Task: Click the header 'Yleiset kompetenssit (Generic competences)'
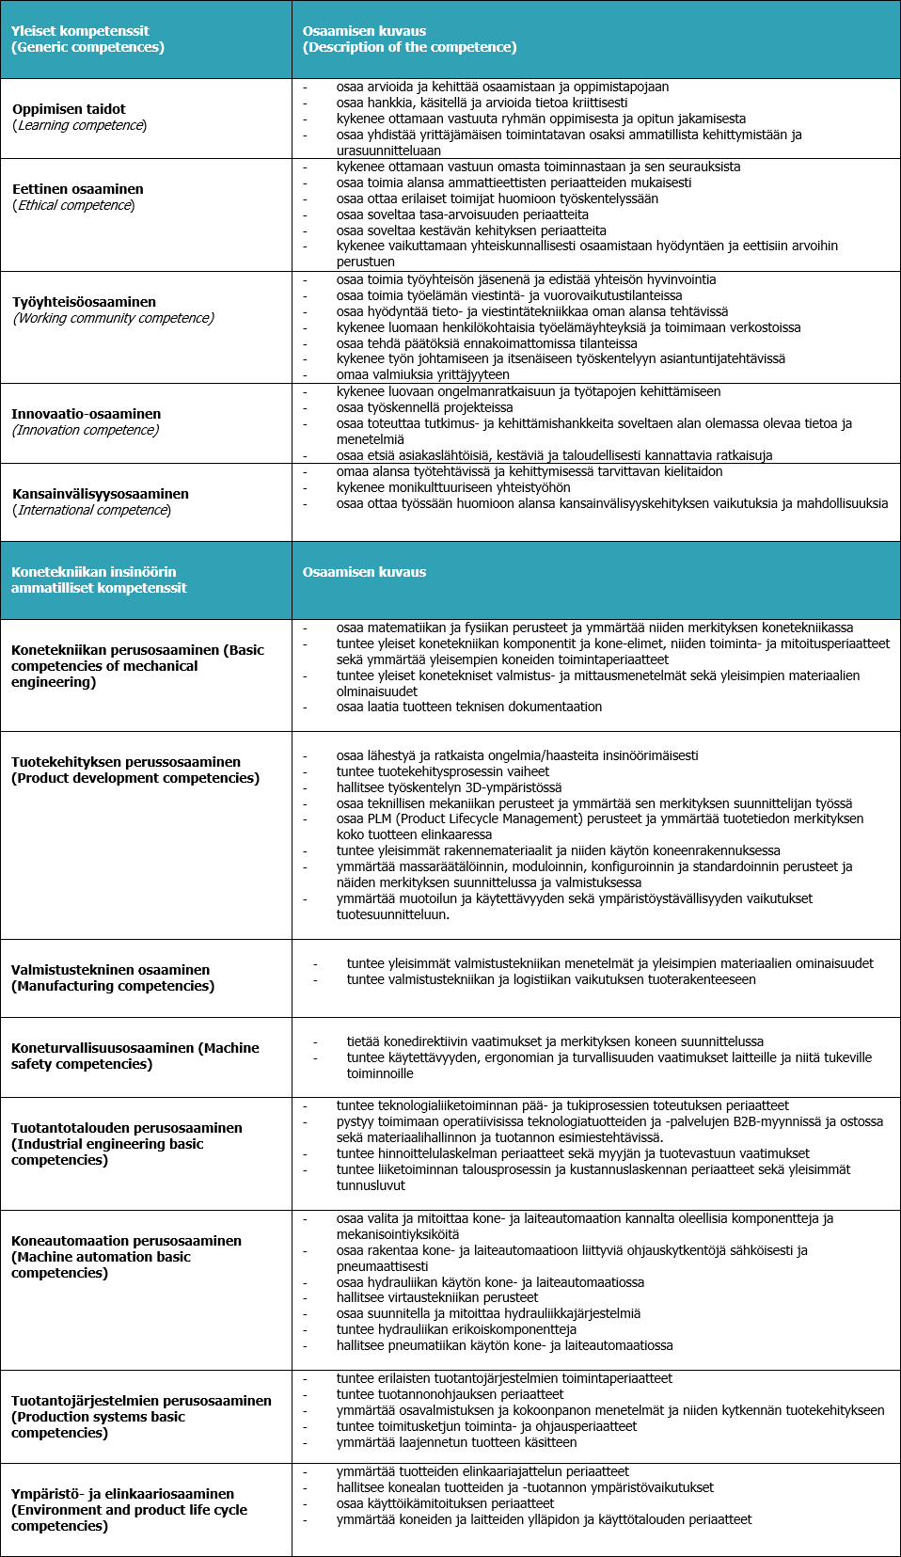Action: point(87,40)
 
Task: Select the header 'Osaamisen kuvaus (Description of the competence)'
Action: point(409,40)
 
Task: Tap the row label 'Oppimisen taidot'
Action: point(69,109)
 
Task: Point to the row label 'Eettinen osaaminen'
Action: point(77,189)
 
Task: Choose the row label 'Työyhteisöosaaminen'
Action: point(84,302)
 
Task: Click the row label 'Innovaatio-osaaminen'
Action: point(86,414)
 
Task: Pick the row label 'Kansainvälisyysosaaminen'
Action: point(100,494)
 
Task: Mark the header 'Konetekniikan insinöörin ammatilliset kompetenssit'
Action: point(99,580)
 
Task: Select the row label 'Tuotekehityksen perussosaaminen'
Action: point(126,762)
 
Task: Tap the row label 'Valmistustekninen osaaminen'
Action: point(110,970)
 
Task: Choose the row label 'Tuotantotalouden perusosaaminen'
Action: point(126,1128)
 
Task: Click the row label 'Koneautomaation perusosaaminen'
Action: point(126,1241)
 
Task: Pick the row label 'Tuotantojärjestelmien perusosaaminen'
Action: point(141,1401)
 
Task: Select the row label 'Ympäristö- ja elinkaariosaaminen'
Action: point(122,1494)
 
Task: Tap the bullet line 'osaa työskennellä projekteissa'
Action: point(424,407)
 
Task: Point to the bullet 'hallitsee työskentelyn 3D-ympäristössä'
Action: point(449,787)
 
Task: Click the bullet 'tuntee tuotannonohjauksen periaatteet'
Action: point(450,1394)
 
